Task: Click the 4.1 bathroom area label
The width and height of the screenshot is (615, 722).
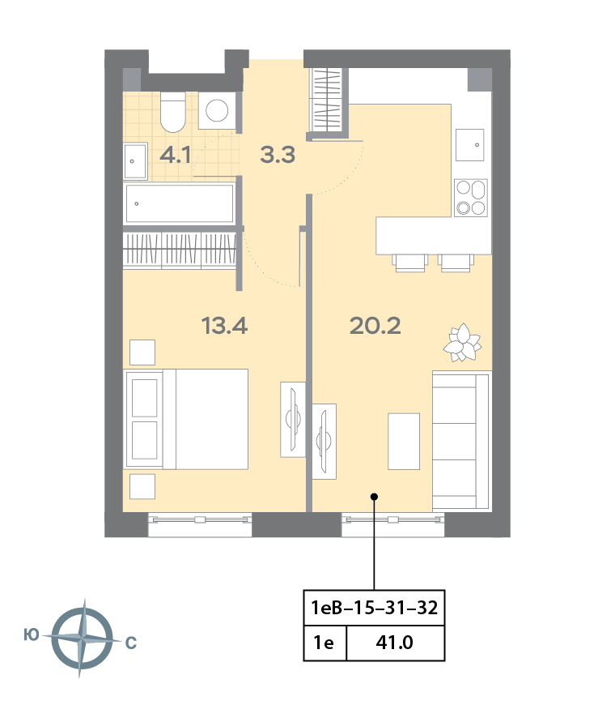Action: [x=176, y=155]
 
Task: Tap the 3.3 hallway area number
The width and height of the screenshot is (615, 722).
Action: [x=278, y=155]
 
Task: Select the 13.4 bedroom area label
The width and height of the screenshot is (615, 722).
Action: [x=224, y=326]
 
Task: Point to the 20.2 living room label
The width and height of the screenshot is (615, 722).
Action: [x=375, y=326]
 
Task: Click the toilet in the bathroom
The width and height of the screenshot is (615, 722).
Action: [x=172, y=112]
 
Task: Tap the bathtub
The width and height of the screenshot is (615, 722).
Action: [x=180, y=203]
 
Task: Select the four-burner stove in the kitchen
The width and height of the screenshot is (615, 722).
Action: [x=471, y=198]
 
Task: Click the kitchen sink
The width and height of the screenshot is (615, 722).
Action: [x=469, y=144]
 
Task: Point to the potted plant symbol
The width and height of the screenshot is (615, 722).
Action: [x=462, y=343]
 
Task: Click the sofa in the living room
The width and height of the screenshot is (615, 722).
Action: [x=462, y=440]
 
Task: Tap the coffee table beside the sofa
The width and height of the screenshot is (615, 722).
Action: [x=404, y=441]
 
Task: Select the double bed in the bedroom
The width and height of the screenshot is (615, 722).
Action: [x=185, y=419]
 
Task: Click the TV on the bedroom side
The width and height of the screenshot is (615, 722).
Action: [x=293, y=420]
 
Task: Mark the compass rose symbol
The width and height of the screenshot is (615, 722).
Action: [x=82, y=638]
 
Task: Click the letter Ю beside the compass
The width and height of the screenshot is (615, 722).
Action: [x=32, y=635]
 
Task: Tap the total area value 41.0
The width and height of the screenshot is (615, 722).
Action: [x=394, y=643]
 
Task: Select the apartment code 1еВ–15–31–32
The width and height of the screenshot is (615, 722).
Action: [x=375, y=608]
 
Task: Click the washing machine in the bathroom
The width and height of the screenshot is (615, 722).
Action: [x=217, y=110]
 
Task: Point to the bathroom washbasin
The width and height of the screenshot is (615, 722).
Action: [x=135, y=161]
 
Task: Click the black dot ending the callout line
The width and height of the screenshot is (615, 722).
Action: [x=375, y=497]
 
